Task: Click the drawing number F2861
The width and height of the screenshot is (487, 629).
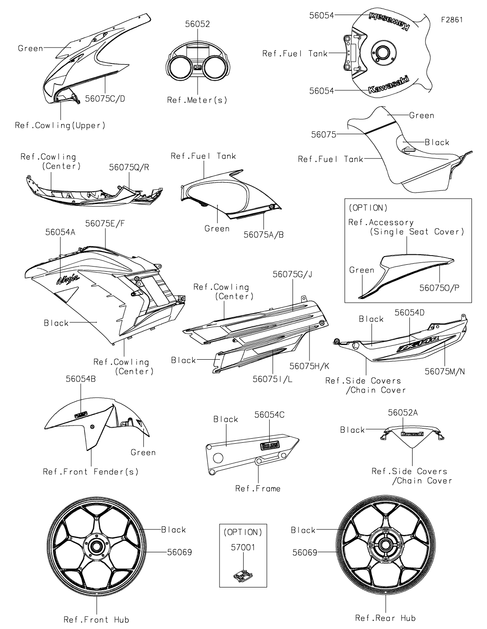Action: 451,20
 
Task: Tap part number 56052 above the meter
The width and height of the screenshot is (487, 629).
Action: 197,24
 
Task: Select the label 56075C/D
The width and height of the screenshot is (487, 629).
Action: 105,99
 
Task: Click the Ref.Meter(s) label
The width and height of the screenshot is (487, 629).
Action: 197,100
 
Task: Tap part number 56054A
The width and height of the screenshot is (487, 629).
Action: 60,232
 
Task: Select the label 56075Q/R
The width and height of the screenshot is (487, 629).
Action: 129,168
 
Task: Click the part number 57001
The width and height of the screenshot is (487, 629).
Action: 242,547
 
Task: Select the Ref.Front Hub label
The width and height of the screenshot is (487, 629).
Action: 96,619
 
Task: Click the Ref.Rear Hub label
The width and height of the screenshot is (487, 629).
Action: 385,618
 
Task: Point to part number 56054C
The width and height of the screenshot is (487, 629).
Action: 269,414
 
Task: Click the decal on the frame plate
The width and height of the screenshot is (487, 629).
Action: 270,446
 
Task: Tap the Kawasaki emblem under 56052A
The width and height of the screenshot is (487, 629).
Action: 412,434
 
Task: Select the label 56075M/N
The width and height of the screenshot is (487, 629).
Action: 445,372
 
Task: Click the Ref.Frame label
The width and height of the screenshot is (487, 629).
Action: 258,488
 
